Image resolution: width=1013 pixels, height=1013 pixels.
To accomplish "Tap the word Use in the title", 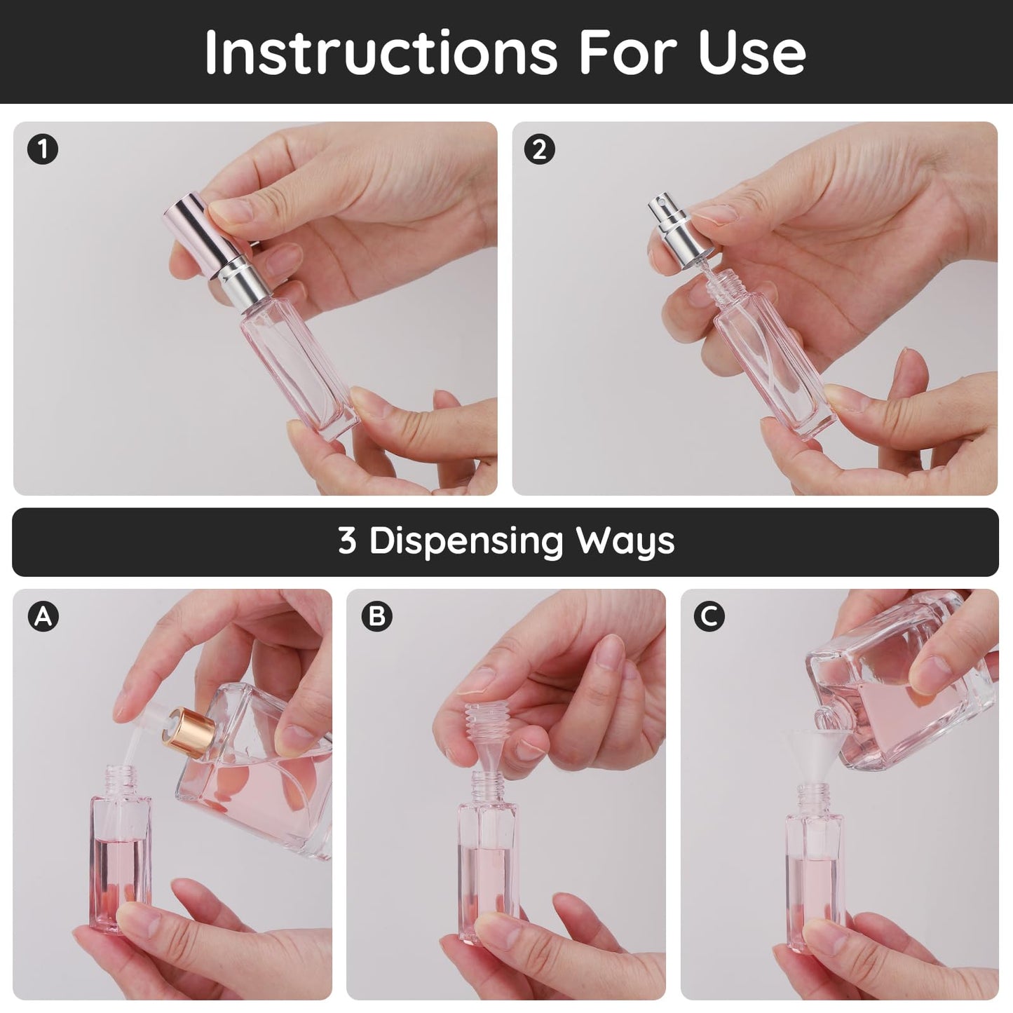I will [752, 53].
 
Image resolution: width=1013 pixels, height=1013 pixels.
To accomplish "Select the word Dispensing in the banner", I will [466, 541].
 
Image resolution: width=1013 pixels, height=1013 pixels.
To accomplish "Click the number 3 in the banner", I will [347, 541].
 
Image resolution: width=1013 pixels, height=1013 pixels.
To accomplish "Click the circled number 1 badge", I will [43, 150].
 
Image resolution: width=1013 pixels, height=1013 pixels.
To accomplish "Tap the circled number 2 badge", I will [539, 150].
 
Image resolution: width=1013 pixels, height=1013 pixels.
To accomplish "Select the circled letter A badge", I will [43, 617].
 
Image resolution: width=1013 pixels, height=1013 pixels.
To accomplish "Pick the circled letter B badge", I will [377, 617].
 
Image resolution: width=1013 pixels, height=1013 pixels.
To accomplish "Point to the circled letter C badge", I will [709, 617].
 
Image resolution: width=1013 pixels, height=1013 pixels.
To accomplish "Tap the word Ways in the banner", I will [625, 541].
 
